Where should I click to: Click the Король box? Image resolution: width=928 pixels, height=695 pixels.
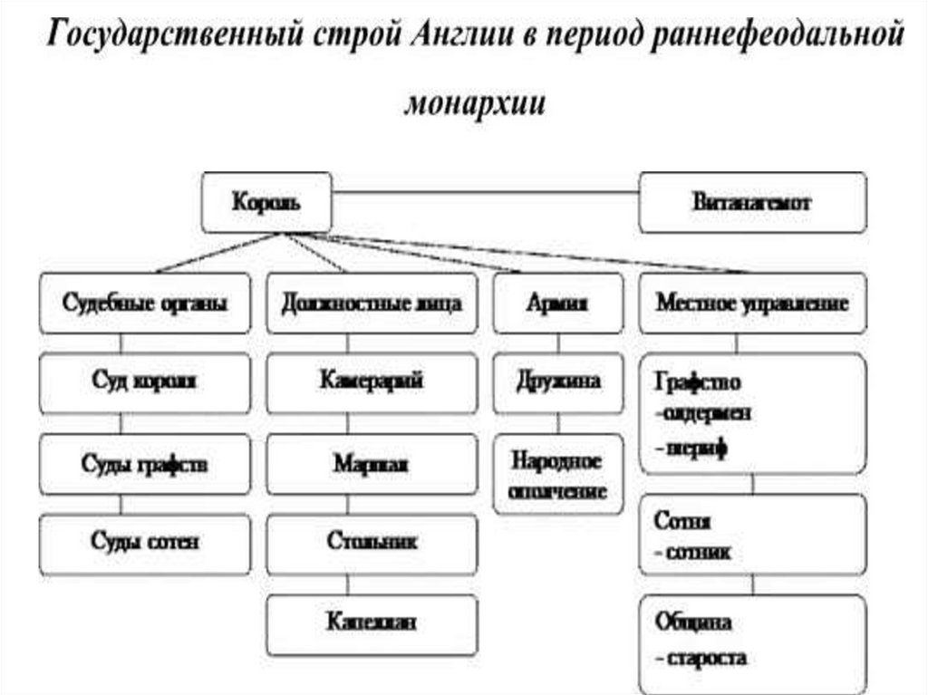pos(265,202)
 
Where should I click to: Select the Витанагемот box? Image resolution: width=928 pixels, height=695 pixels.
pos(752,202)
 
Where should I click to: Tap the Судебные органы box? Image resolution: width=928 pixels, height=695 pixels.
pos(145,304)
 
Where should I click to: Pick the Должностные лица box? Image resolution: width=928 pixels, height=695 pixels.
pos(372,304)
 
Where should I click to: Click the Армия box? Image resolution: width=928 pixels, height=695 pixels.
pos(558,304)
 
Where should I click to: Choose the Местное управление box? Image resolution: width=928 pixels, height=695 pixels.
pos(752,304)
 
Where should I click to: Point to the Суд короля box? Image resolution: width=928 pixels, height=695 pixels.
pos(145,381)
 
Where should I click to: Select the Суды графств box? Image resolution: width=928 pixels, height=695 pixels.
pos(145,464)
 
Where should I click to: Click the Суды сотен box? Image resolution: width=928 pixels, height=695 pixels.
pos(145,543)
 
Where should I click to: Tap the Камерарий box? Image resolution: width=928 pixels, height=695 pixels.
pos(372,381)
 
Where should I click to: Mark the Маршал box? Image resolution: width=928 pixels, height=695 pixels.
pos(372,464)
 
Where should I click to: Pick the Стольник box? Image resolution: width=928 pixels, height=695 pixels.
pos(372,543)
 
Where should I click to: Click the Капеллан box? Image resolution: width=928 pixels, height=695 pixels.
pos(372,623)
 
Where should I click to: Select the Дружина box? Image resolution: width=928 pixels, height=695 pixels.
pos(558,381)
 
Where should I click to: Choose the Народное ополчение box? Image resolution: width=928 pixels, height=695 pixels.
pos(558,475)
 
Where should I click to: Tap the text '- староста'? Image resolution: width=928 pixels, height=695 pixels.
pos(701,658)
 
